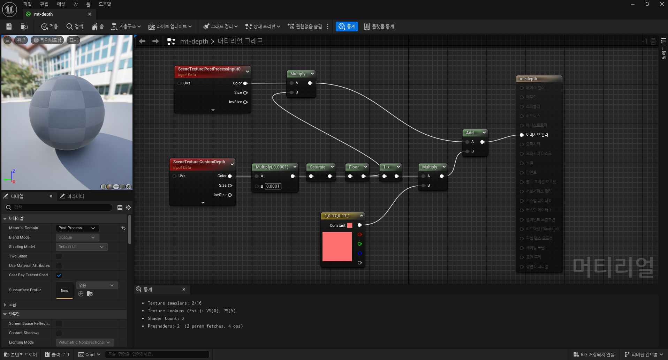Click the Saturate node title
tap(317, 167)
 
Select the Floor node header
tap(354, 167)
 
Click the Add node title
tap(470, 133)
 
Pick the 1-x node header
tap(386, 167)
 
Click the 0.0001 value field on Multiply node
tap(273, 186)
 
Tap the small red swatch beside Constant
tap(350, 225)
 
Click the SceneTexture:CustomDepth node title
tap(199, 162)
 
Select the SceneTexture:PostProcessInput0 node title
tap(209, 69)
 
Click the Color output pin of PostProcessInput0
tap(245, 83)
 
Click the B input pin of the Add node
tap(467, 151)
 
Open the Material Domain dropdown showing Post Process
tap(77, 228)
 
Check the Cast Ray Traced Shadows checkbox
tap(59, 275)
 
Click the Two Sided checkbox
tap(59, 256)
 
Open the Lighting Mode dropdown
tap(84, 343)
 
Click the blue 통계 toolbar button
tap(347, 27)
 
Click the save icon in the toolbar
tap(9, 27)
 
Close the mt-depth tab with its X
tap(90, 14)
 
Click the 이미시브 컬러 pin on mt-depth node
tap(522, 135)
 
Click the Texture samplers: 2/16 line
tap(174, 303)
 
